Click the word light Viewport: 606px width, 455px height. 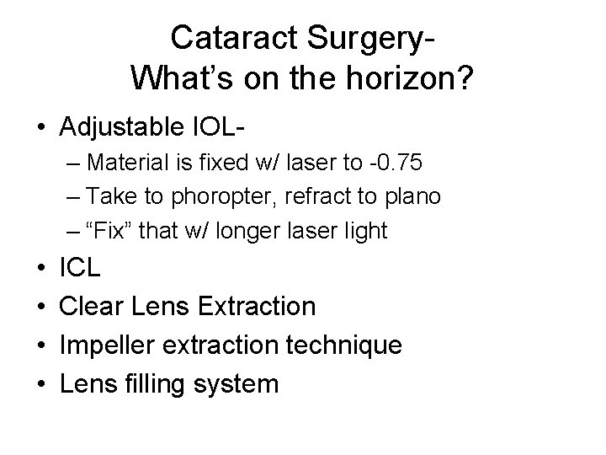click(x=364, y=231)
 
